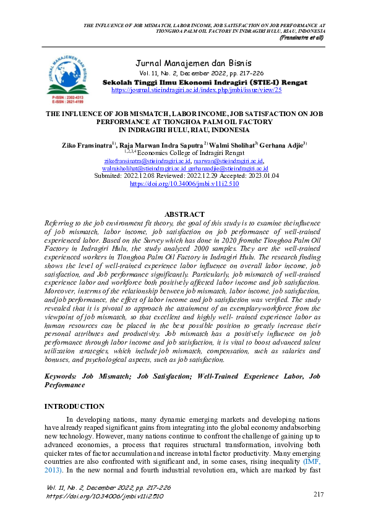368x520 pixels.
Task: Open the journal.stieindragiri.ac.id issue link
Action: (x=196, y=90)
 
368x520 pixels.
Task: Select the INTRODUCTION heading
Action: (x=75, y=406)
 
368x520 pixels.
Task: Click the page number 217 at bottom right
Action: (x=319, y=494)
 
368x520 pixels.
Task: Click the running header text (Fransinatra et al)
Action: (x=301, y=38)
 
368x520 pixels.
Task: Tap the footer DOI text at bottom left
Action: (x=105, y=496)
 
